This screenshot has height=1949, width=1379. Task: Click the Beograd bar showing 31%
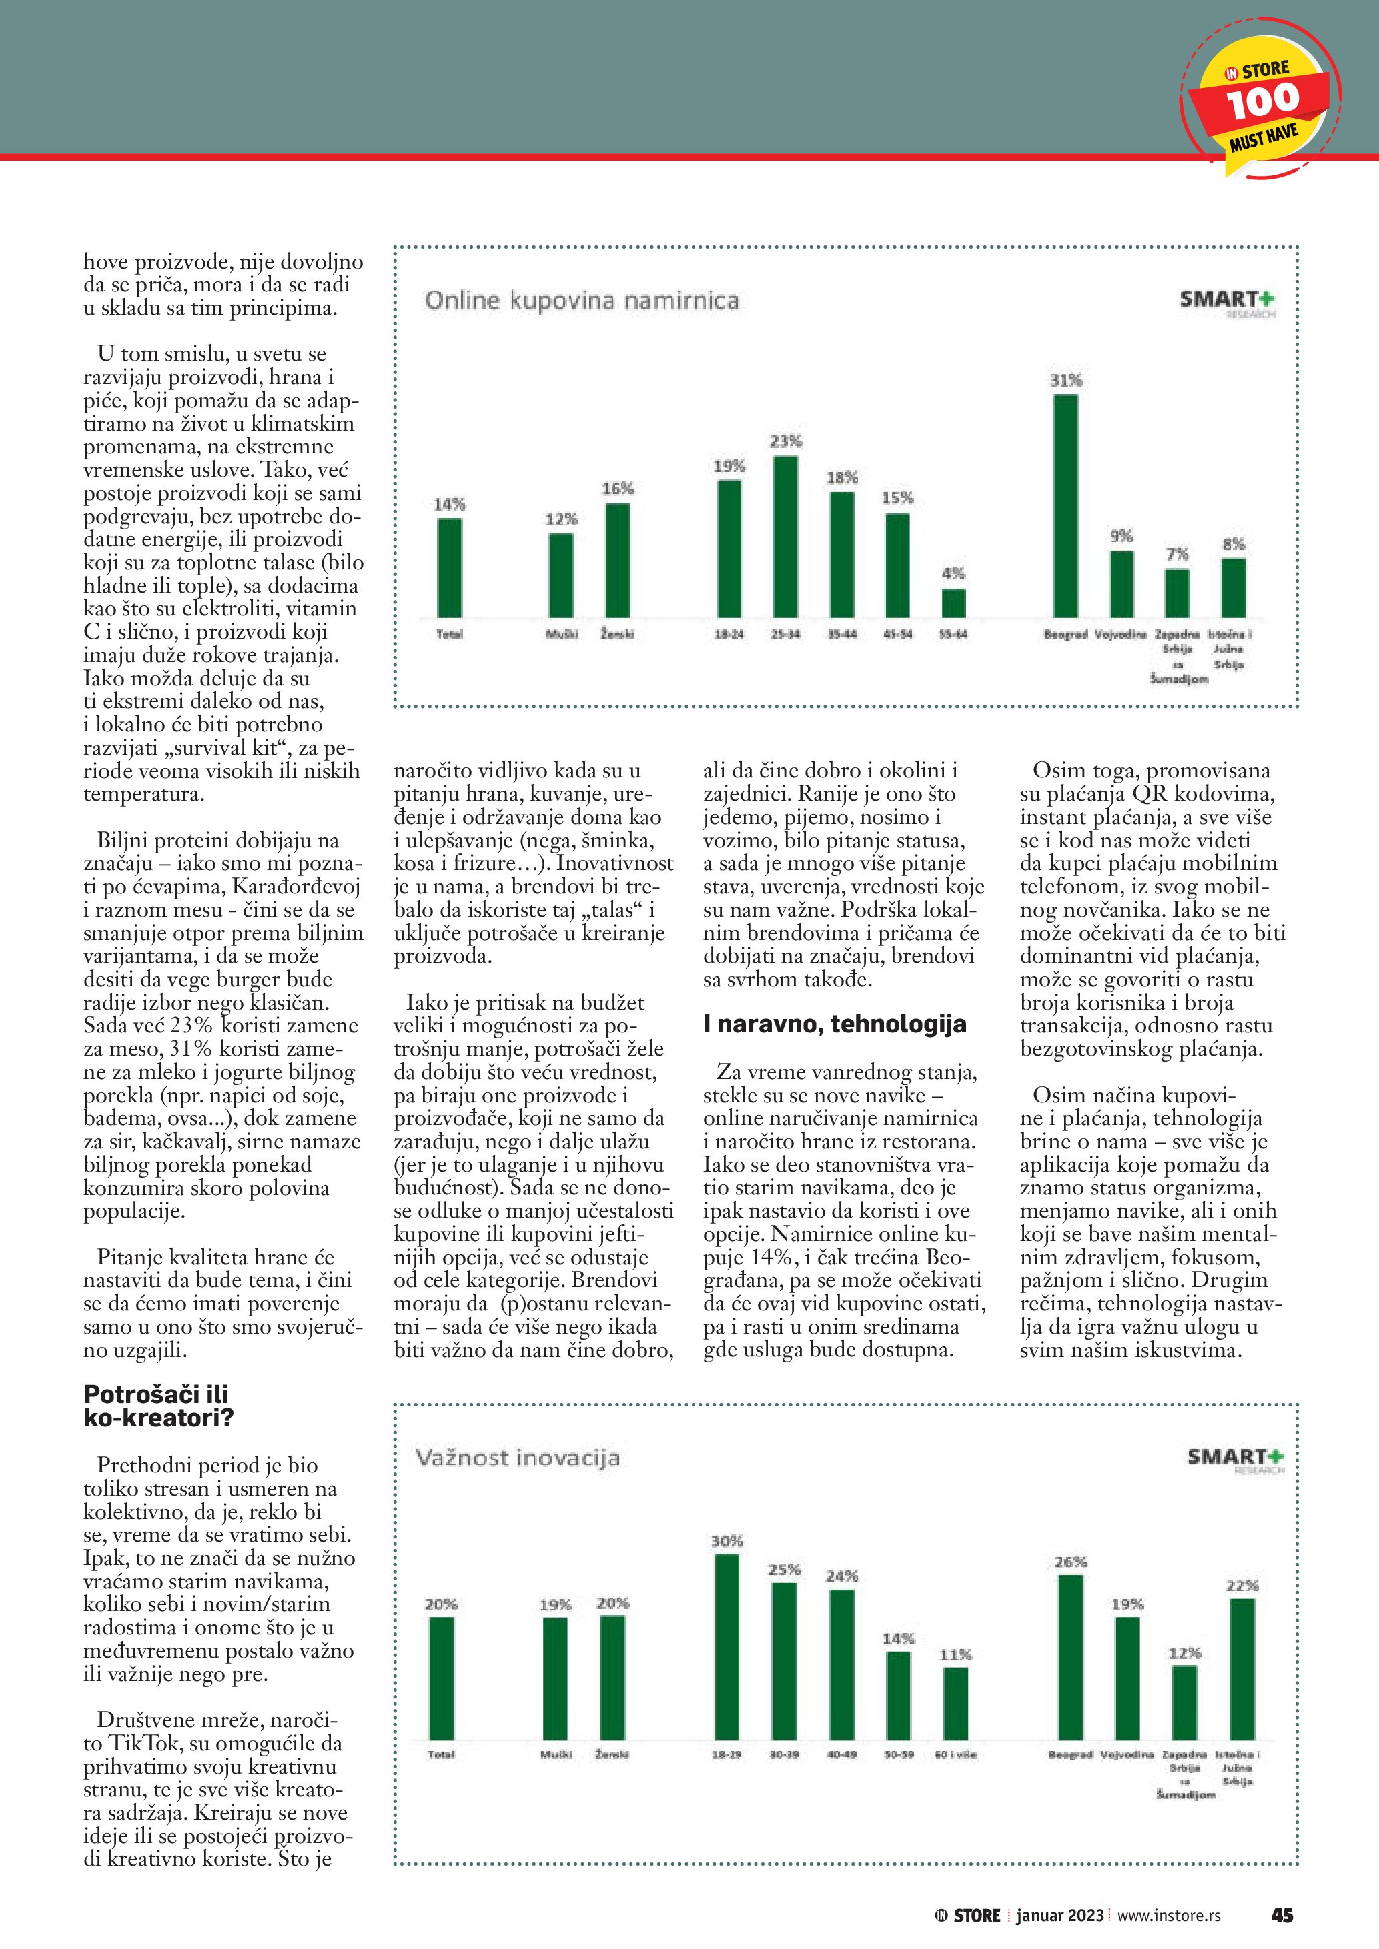click(x=1065, y=506)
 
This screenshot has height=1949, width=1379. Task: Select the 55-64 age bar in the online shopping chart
click(x=953, y=603)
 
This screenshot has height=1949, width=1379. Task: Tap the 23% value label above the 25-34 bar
click(x=785, y=441)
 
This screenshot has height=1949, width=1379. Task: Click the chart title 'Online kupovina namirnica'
click(x=582, y=301)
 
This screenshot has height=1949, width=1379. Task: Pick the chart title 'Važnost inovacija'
click(x=517, y=1458)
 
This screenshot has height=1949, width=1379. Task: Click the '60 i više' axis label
click(x=955, y=1754)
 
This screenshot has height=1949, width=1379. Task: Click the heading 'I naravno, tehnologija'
click(x=834, y=1024)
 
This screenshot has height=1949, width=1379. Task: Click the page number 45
click(x=1282, y=1915)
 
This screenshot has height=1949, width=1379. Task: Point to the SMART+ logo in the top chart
click(x=1227, y=301)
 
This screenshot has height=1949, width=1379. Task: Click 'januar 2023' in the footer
click(x=1059, y=1915)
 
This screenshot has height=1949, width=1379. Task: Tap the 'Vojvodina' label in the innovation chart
click(x=1127, y=1754)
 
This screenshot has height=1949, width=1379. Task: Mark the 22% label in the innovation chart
click(x=1242, y=1586)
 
